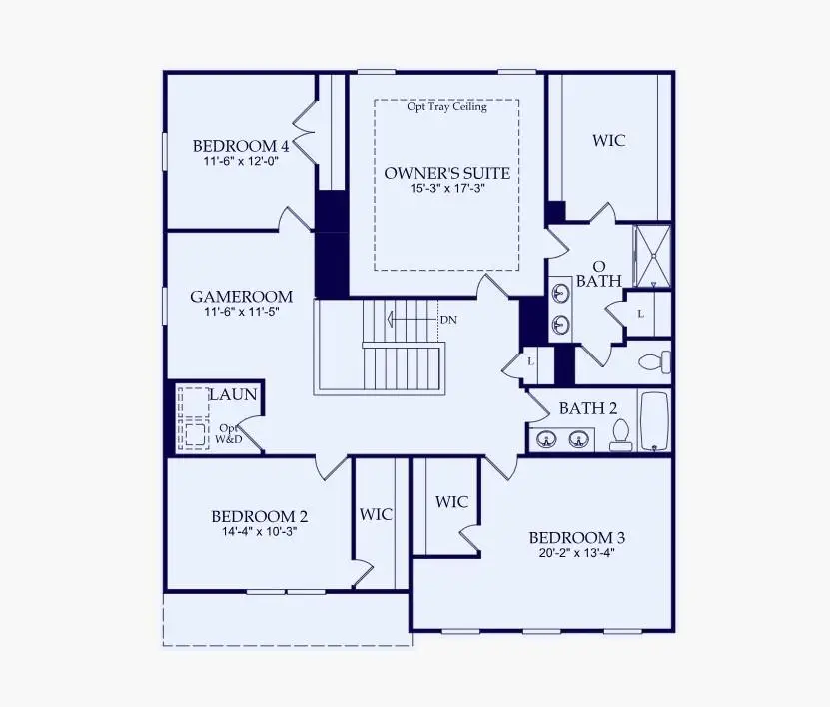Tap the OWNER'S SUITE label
click(446, 174)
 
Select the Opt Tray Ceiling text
click(446, 107)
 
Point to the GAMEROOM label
click(241, 297)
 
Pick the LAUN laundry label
click(233, 395)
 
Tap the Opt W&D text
click(230, 434)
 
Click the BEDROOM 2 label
click(259, 517)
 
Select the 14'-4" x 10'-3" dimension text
click(259, 532)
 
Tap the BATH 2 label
click(587, 408)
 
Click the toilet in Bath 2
click(620, 435)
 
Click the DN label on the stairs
click(448, 321)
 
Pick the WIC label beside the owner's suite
click(608, 141)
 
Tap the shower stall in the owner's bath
click(652, 255)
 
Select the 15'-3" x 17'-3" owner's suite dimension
click(446, 189)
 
